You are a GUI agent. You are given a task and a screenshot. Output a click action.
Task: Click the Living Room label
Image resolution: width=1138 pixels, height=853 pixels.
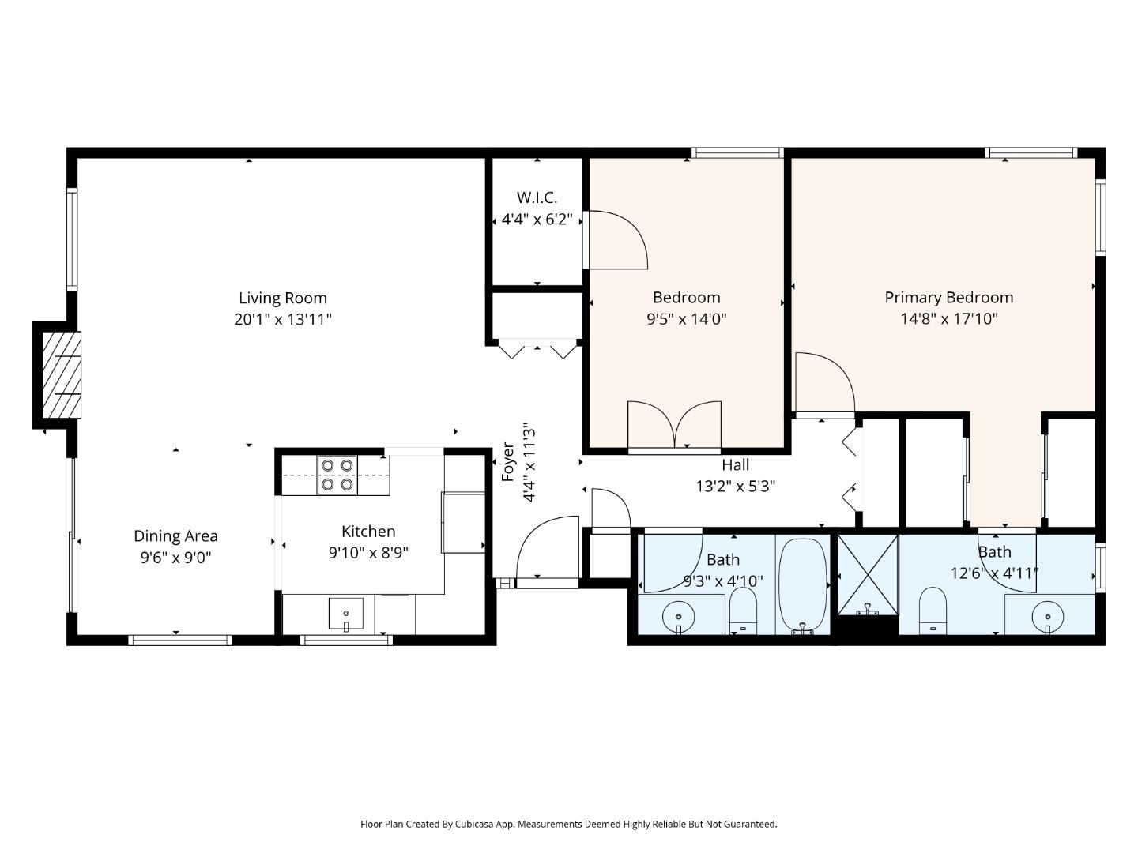(282, 298)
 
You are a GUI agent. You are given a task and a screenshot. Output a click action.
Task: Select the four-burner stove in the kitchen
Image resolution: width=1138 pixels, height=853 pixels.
(337, 475)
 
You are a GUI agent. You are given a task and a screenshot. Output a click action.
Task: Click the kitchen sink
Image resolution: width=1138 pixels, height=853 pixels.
(346, 614)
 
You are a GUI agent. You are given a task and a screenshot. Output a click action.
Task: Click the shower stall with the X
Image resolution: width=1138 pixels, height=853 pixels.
(868, 574)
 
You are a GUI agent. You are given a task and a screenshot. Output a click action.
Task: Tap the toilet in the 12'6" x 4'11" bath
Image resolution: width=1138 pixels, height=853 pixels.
(933, 610)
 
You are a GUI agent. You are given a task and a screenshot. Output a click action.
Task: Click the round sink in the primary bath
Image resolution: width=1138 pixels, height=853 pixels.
(1048, 614)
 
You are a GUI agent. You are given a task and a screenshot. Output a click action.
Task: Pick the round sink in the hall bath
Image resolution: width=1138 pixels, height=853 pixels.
(678, 615)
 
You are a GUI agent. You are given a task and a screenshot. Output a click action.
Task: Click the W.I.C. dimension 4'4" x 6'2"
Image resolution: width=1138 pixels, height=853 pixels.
(537, 220)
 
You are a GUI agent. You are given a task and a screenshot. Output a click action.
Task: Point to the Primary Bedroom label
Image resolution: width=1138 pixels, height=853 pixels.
(948, 298)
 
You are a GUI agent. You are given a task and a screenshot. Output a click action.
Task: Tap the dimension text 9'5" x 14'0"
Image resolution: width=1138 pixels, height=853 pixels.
(686, 319)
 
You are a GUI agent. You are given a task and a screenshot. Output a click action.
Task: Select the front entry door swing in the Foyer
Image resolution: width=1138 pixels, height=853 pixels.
(547, 549)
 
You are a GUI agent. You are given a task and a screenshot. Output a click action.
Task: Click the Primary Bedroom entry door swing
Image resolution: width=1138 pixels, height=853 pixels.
(823, 383)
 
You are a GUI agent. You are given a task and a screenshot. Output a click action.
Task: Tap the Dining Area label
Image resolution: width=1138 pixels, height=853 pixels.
(175, 536)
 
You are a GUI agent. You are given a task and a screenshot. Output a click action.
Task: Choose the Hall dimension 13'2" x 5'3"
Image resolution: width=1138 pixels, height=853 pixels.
(735, 487)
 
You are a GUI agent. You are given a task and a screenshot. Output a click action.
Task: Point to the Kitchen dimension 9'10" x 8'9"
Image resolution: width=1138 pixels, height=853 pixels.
(368, 553)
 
